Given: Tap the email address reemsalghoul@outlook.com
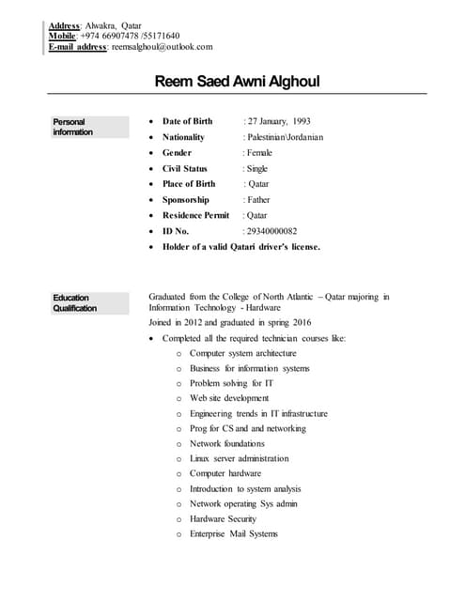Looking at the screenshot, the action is [163, 46].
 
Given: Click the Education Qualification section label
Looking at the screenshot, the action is [73, 302].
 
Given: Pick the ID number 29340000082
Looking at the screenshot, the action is [271, 230].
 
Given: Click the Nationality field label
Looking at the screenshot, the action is [183, 137].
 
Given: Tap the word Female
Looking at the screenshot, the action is [259, 152].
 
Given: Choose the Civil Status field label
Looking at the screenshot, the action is [185, 168].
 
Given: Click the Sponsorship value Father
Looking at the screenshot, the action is [258, 199].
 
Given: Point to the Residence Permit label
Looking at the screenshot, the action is [195, 215].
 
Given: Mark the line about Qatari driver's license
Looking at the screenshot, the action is [241, 246].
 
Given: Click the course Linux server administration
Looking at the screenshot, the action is [239, 458].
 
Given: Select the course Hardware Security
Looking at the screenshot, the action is [223, 518].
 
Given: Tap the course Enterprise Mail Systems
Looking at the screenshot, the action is [234, 533].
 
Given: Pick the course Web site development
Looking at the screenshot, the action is [228, 398].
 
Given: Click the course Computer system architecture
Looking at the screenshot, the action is [242, 353].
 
